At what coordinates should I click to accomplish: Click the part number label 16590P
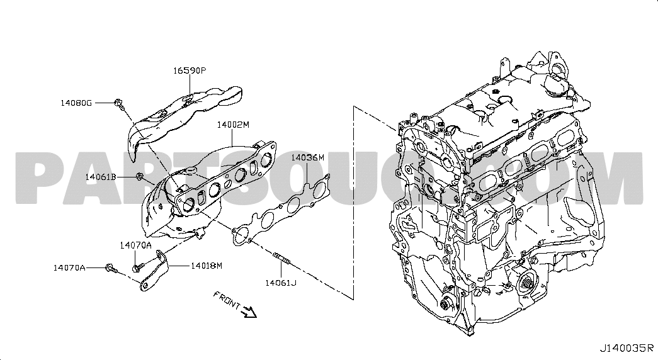coord(190,70)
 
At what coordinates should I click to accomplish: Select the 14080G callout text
coord(76,103)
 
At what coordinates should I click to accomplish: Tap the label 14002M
coord(234,125)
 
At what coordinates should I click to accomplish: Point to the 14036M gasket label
coord(308,157)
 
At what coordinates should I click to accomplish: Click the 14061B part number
coord(101,177)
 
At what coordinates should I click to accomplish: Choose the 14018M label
coord(207,265)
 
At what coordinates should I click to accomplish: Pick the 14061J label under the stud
coord(280,283)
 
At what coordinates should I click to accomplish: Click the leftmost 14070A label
coord(69,267)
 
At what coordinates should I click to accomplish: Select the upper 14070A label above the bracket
coord(135,245)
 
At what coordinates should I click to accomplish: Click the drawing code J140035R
coord(627,348)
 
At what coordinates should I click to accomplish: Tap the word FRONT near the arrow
coord(227,300)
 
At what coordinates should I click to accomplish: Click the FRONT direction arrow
coord(250,312)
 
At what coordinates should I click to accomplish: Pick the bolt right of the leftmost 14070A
coord(111,267)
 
